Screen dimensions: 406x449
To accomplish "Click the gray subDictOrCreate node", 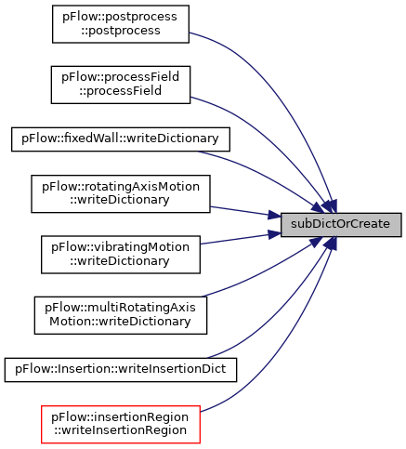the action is (341, 225).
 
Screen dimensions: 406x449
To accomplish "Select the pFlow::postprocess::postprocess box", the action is (121, 24).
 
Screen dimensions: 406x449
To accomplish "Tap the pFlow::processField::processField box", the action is (121, 85).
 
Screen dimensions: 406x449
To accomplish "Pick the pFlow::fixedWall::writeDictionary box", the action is (121, 139).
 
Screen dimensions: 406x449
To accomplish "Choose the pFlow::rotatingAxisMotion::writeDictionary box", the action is (121, 194).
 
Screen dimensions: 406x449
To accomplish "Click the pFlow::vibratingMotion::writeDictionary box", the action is (121, 255).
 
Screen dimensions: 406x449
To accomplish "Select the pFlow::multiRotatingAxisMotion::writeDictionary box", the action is (121, 315).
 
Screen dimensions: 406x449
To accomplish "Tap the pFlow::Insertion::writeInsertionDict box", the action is (121, 370).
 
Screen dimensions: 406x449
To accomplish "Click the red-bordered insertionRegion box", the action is (121, 424).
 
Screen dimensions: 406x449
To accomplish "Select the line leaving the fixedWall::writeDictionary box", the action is (263, 176).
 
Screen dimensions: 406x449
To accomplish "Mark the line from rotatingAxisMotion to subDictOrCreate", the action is (244, 212).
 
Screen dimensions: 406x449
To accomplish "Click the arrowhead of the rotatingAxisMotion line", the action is (274, 216).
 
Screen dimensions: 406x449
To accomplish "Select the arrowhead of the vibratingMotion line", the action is (274, 234).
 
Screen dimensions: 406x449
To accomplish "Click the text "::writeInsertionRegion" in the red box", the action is (121, 430).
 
